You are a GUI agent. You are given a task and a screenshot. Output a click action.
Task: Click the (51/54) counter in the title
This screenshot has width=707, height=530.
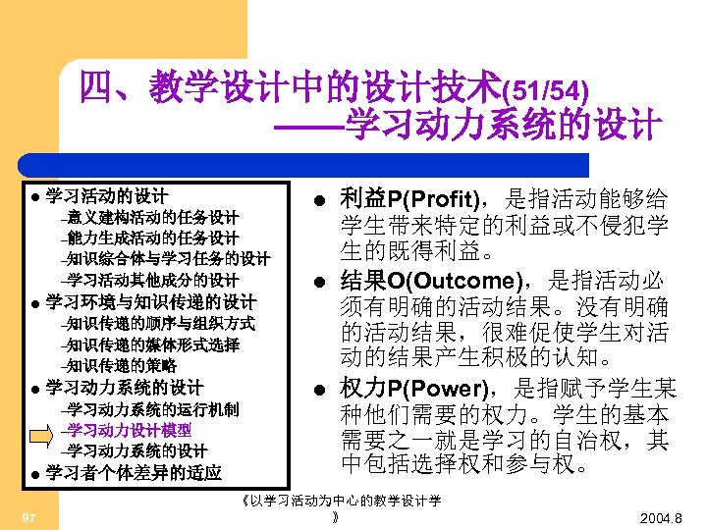546,92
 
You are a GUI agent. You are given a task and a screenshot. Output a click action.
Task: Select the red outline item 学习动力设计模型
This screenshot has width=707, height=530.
130,430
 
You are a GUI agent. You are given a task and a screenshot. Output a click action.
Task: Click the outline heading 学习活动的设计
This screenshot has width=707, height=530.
107,195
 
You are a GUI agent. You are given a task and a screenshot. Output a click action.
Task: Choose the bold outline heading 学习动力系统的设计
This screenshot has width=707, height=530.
125,388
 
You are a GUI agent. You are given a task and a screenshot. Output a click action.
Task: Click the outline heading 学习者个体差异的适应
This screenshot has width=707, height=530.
134,473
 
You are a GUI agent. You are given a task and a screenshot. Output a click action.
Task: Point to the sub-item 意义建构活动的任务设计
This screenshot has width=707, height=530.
153,217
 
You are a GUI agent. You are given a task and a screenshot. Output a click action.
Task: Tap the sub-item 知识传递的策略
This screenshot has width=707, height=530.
123,366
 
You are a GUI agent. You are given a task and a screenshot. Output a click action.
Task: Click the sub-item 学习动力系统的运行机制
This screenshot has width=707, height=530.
153,409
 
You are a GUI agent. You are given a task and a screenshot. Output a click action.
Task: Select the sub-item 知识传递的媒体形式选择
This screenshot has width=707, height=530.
153,344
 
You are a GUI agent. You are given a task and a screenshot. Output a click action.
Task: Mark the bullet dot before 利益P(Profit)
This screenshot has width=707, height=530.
311,198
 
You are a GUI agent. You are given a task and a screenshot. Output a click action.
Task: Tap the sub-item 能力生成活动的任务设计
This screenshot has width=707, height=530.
153,238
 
